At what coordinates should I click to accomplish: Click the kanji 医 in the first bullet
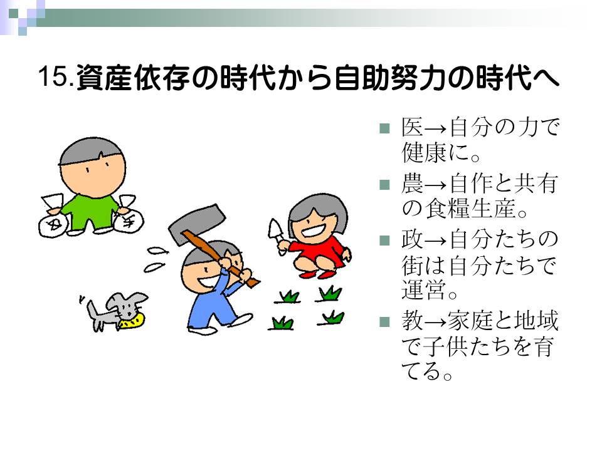pyautogui.click(x=412, y=127)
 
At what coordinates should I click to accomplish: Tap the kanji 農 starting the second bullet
pyautogui.click(x=412, y=184)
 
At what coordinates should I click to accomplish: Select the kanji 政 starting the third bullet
pyautogui.click(x=412, y=239)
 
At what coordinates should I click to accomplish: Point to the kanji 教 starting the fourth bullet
pyautogui.click(x=412, y=321)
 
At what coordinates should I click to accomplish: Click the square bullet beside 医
pyautogui.click(x=384, y=128)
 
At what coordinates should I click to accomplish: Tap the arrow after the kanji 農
pyautogui.click(x=436, y=185)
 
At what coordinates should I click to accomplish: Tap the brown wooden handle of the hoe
pyautogui.click(x=220, y=258)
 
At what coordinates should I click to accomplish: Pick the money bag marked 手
pyautogui.click(x=128, y=220)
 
